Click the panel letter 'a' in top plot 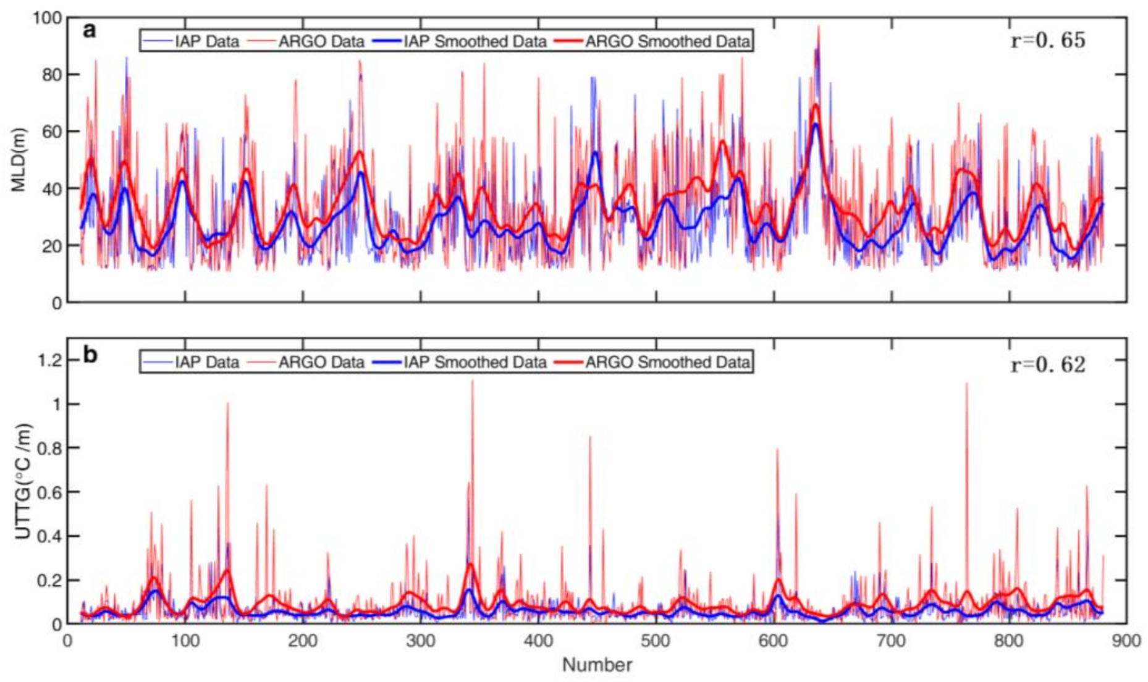tap(90, 30)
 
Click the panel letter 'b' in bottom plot tap(90, 355)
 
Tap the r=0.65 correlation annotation tap(1048, 41)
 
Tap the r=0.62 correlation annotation tap(1048, 365)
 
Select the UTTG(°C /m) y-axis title tap(22, 481)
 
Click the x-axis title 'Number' tap(597, 665)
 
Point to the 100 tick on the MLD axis tap(46, 18)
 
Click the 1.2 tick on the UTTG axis tap(49, 361)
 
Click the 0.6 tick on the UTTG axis tap(49, 492)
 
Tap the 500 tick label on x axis tap(656, 641)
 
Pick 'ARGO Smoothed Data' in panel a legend tap(667, 42)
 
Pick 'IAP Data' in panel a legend tap(207, 42)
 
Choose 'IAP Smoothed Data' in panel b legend tap(475, 362)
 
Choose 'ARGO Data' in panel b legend tap(321, 362)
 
